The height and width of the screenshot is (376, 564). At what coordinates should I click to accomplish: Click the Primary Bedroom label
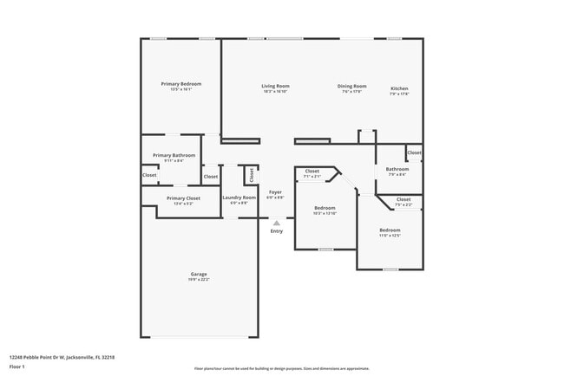point(181,84)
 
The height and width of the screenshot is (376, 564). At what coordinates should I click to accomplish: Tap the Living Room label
point(275,86)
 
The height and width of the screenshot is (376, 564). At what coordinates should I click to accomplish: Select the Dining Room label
point(351,86)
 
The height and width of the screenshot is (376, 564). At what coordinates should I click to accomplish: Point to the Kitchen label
point(399,88)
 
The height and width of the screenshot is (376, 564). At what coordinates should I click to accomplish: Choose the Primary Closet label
point(183,198)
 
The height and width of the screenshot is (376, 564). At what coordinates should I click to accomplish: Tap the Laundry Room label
point(239,198)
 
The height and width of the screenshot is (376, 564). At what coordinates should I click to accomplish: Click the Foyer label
point(275,192)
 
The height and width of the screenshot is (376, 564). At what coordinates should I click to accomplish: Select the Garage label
point(199,274)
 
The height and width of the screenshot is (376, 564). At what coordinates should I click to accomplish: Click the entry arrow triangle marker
point(277,223)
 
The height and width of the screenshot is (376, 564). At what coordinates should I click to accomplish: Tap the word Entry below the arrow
point(277,231)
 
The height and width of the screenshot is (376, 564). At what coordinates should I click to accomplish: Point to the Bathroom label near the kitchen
point(397,169)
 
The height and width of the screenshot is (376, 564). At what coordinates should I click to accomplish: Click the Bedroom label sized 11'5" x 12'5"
point(390,230)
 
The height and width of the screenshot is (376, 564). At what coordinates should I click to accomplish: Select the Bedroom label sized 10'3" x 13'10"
point(325,208)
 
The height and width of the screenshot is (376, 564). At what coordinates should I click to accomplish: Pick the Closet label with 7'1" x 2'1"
point(312,171)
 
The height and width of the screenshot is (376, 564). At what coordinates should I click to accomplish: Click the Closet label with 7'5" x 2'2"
point(403,199)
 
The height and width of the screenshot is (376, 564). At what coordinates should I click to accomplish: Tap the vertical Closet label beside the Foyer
point(251,175)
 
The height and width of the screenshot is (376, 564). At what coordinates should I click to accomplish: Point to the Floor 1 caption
point(18,366)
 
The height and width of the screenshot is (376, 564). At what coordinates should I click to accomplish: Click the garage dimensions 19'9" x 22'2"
point(199,280)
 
